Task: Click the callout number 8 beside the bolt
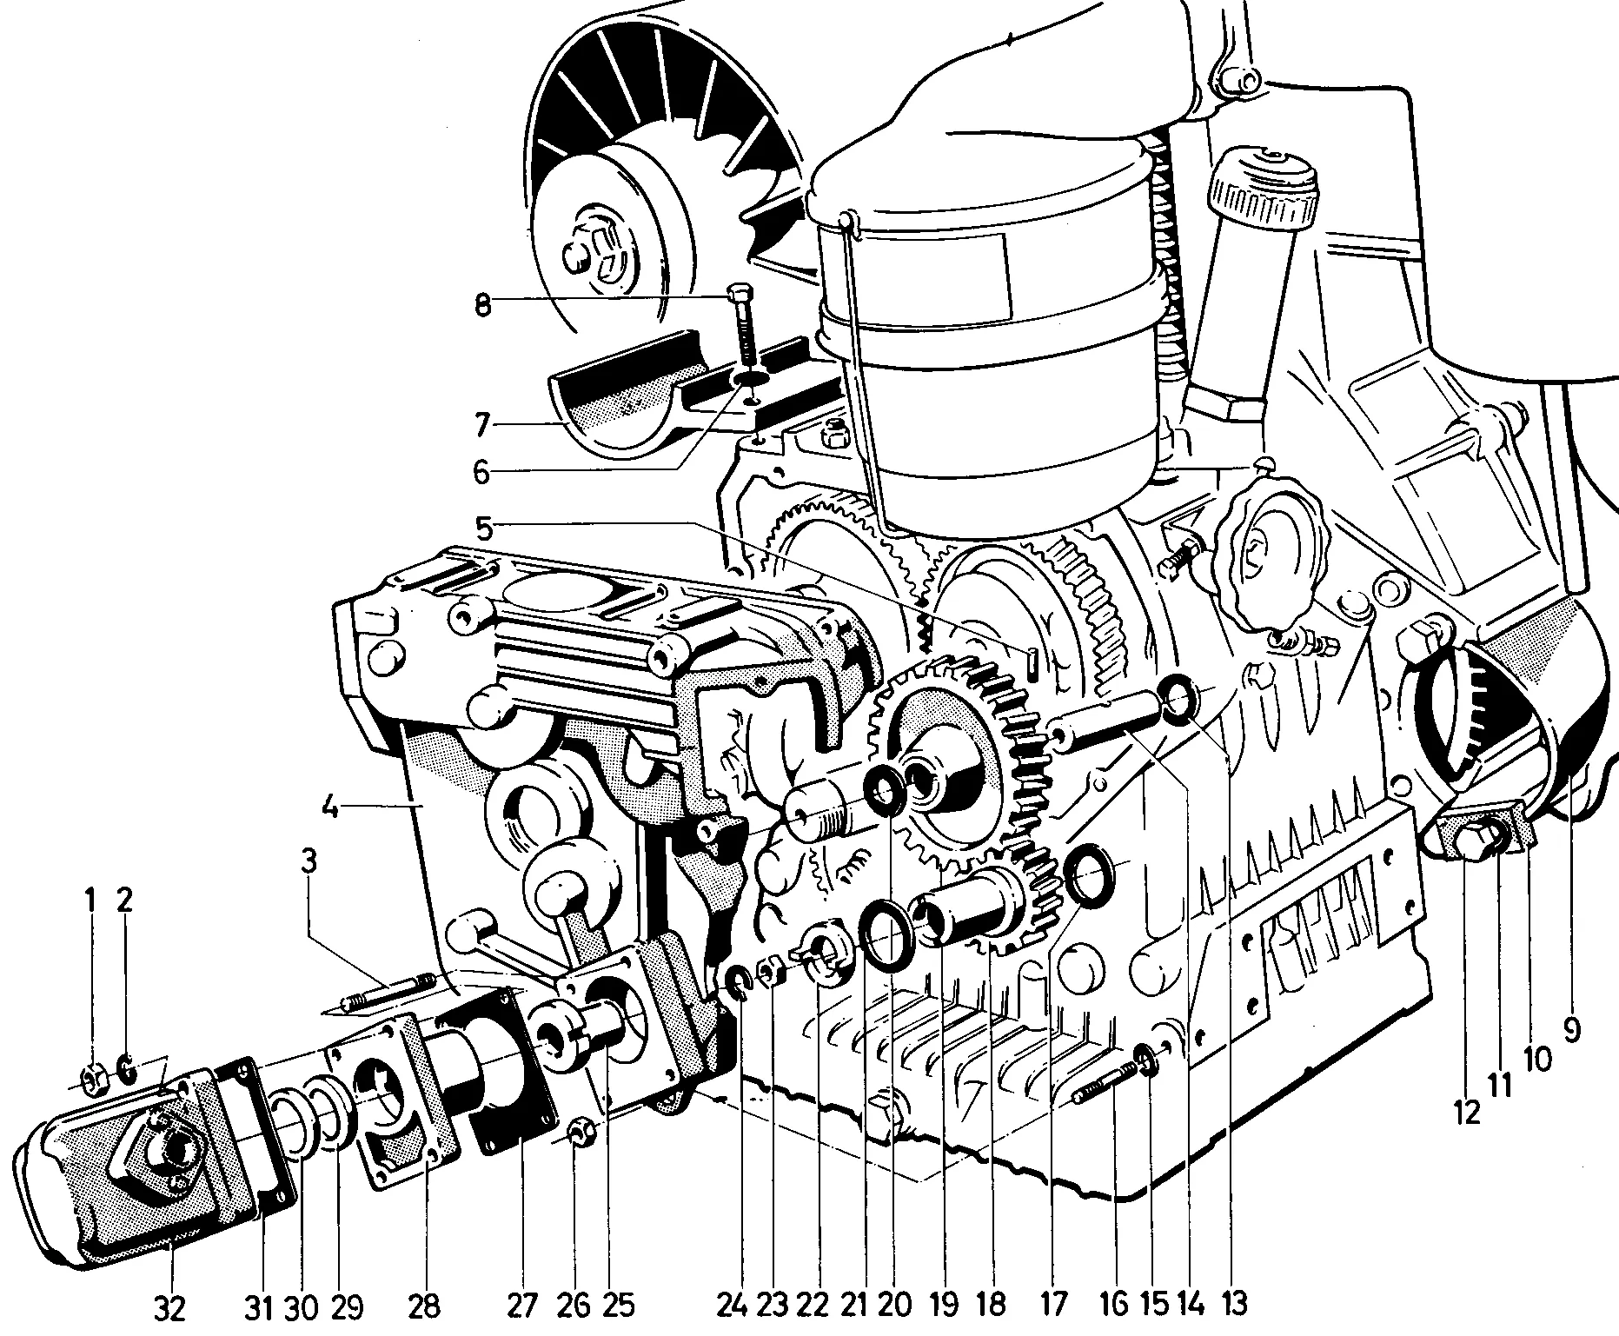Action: pyautogui.click(x=482, y=305)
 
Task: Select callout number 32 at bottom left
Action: pyautogui.click(x=169, y=1307)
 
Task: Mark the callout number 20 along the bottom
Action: pyautogui.click(x=895, y=1303)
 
